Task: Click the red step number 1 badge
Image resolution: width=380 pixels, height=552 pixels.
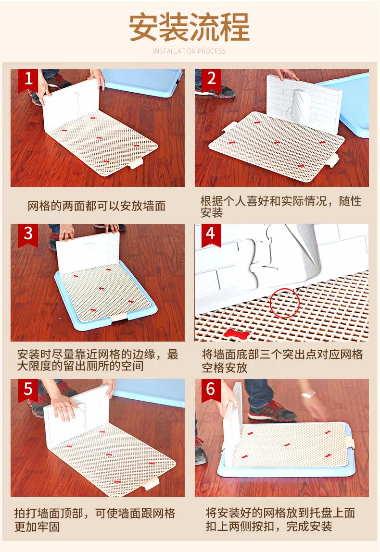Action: (x=28, y=80)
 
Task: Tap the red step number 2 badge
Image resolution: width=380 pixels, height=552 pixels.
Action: (x=211, y=80)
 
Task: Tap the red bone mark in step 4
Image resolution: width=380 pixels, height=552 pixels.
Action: (x=234, y=333)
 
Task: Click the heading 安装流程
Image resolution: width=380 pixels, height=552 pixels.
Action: (x=190, y=27)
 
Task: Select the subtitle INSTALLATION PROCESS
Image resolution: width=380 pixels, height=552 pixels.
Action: (x=190, y=51)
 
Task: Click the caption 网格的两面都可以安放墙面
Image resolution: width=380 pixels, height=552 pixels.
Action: (x=97, y=206)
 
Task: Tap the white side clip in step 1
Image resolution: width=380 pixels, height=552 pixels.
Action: (x=136, y=163)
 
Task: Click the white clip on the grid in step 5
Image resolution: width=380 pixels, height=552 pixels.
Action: (x=152, y=483)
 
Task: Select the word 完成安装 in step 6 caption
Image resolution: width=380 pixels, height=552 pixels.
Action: (x=309, y=527)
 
